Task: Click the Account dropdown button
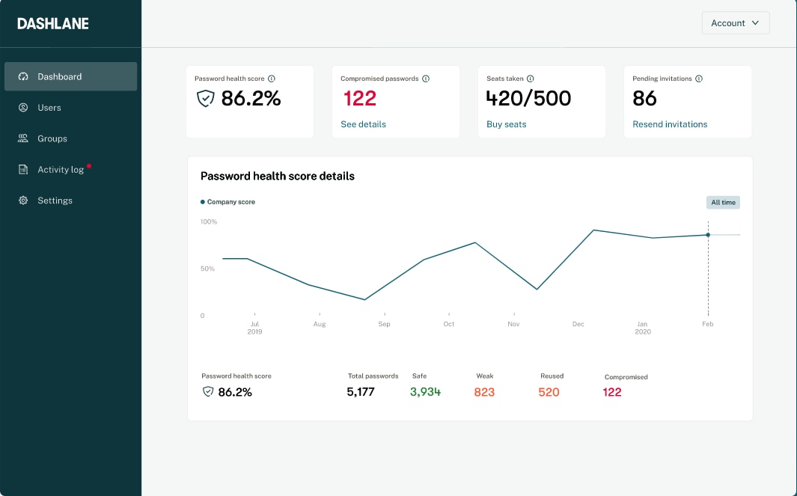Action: point(735,23)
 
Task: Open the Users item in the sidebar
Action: point(49,108)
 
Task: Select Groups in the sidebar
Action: point(52,138)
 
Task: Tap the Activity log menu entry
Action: point(61,170)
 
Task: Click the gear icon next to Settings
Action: point(23,200)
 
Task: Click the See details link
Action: point(363,124)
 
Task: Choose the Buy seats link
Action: point(506,124)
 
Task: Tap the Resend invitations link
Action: point(670,124)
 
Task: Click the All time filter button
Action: point(723,203)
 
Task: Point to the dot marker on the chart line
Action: point(708,235)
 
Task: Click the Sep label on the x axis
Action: point(384,324)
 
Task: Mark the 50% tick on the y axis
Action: point(207,269)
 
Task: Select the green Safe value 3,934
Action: point(425,392)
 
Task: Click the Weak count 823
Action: point(484,392)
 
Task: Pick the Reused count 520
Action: point(549,392)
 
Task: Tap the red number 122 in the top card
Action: point(360,98)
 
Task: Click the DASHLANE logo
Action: point(53,23)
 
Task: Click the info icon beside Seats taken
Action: point(530,79)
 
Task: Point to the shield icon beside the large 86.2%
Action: point(205,99)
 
